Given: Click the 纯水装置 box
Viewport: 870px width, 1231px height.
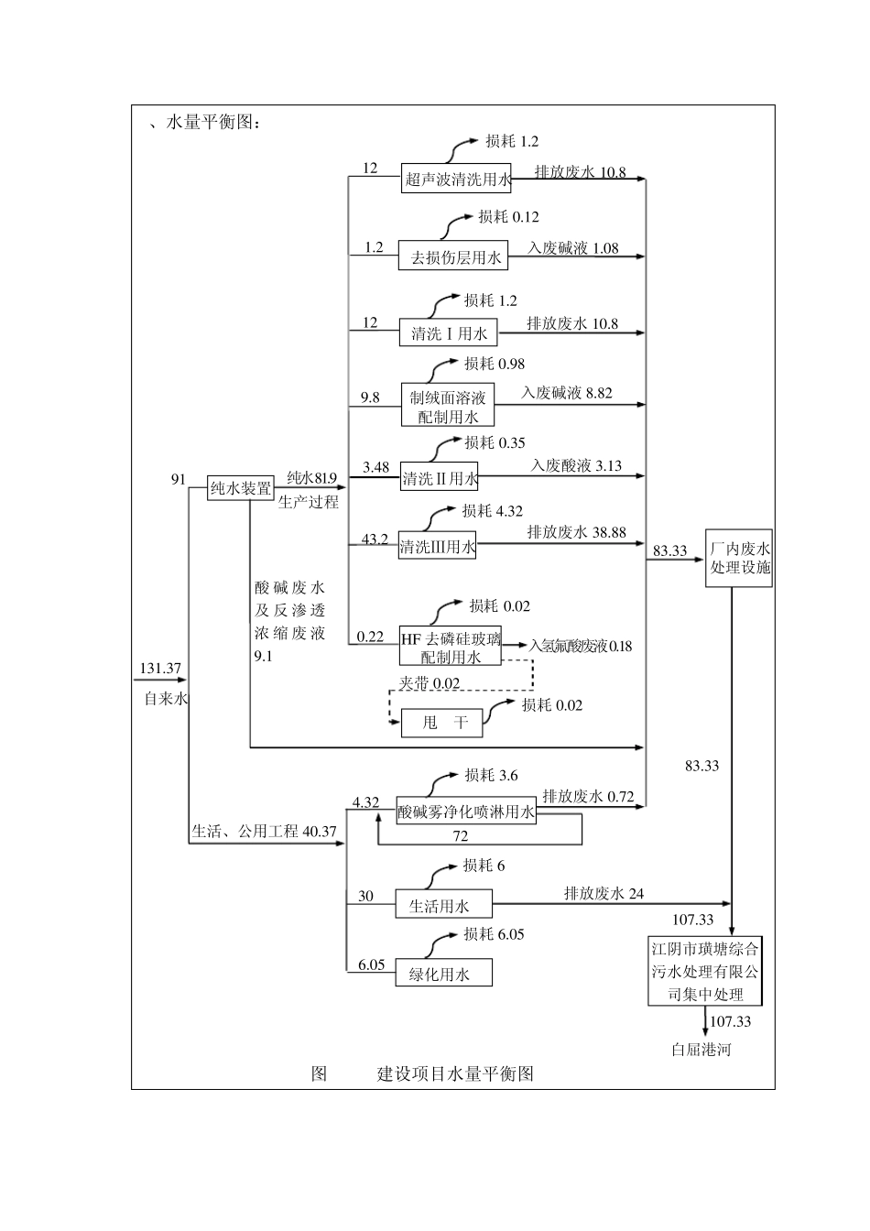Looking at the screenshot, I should pos(241,488).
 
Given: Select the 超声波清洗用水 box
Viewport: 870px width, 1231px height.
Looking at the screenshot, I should pos(457,179).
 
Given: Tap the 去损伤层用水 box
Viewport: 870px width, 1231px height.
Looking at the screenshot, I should pos(453,257).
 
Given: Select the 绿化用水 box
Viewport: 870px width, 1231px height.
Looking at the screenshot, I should pos(443,973).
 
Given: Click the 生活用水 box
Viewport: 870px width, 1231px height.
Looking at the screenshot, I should pos(443,905).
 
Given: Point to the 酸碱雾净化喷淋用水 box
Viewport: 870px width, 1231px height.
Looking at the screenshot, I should pos(466,811).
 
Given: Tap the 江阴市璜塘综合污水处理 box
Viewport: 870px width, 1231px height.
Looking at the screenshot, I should pos(704,971).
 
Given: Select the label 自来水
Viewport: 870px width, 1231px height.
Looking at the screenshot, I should pos(166,699).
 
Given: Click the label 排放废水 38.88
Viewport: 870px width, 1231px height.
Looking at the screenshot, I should pos(576,532).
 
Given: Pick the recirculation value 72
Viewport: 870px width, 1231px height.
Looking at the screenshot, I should pos(460,836).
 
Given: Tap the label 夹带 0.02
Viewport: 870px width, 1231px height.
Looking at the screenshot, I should pos(429,683).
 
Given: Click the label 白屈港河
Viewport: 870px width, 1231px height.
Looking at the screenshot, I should pos(701,1050).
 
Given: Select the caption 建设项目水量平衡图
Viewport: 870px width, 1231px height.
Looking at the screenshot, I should pos(455,1074).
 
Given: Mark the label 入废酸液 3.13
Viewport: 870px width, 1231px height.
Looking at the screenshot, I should pos(576,466).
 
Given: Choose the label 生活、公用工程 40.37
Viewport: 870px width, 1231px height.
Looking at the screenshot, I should pos(264,832).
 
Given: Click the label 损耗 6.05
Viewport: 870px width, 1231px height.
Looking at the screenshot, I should pos(494,934).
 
